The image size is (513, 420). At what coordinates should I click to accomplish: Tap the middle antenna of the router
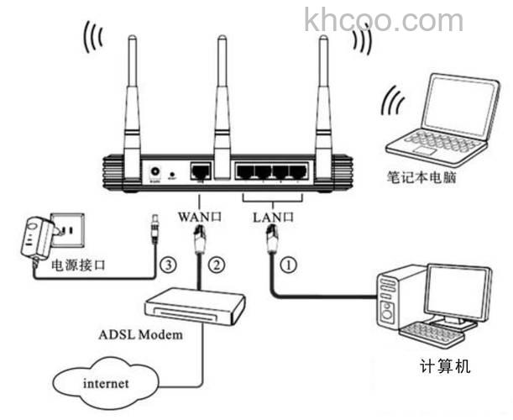(x=222, y=101)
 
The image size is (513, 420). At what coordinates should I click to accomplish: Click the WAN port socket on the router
(x=201, y=171)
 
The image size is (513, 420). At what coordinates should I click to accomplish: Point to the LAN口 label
(x=273, y=217)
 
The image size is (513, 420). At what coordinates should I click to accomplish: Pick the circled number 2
(x=217, y=265)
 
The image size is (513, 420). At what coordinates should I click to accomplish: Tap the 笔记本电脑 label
(x=421, y=178)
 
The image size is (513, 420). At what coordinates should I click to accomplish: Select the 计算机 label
(x=445, y=366)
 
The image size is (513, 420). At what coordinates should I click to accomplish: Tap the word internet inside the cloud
(x=106, y=384)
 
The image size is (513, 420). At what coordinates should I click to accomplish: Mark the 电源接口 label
(x=81, y=267)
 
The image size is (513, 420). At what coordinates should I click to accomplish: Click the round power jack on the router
(x=155, y=171)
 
